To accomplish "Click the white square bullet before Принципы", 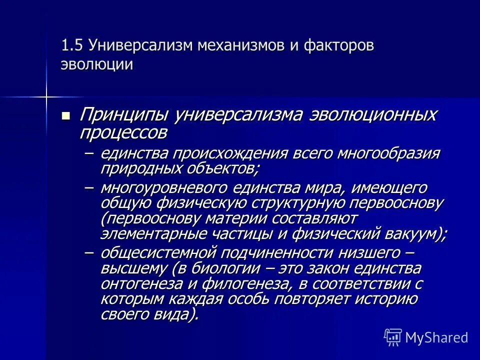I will [65, 116].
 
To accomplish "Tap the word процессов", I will [123, 132].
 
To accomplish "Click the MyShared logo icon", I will [393, 337].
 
